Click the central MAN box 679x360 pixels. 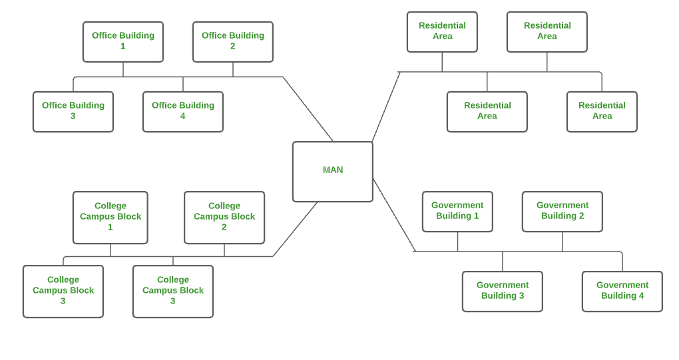(x=332, y=171)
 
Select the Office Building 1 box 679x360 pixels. (x=123, y=41)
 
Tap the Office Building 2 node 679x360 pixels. (x=233, y=41)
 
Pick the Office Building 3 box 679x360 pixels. (x=73, y=111)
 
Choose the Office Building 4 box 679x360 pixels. (x=183, y=111)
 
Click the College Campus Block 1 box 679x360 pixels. (x=111, y=217)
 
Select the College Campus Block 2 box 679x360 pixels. (x=224, y=217)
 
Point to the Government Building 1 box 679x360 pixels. (x=457, y=211)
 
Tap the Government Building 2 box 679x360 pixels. (x=563, y=211)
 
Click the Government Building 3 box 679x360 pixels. (x=503, y=291)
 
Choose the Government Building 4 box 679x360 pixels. (x=622, y=291)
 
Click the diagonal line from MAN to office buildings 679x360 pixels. (x=308, y=108)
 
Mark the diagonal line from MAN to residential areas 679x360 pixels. (x=386, y=106)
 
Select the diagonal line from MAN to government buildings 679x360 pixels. (x=394, y=215)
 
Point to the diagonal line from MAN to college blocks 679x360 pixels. (x=295, y=230)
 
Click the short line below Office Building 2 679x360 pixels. (x=233, y=69)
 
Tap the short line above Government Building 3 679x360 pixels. (x=503, y=261)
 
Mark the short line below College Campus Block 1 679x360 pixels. (x=111, y=250)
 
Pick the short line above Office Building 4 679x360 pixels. (x=183, y=84)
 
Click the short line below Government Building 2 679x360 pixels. (x=563, y=242)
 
